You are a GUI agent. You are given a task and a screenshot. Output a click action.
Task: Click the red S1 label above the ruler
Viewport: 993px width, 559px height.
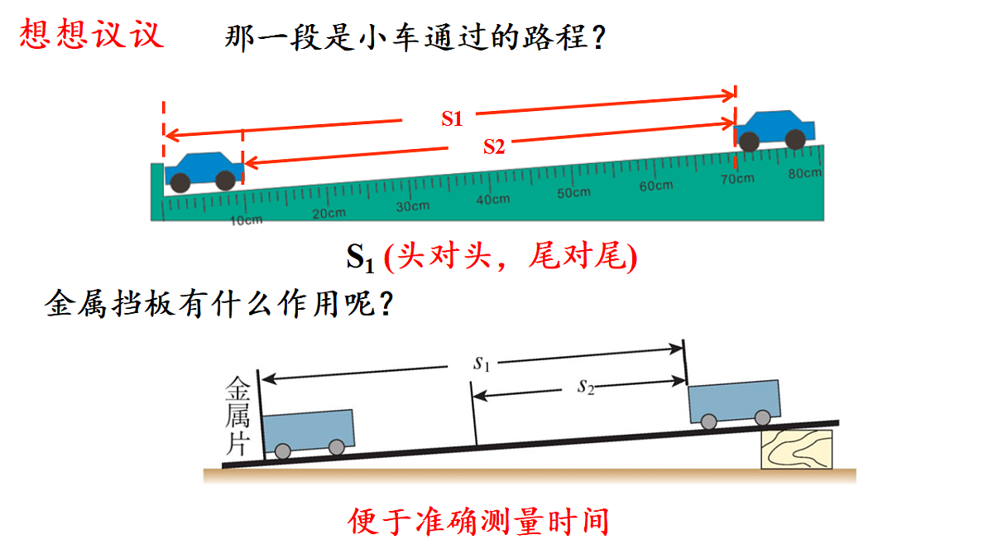452,119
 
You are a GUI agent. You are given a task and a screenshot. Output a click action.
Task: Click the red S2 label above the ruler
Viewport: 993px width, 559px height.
494,147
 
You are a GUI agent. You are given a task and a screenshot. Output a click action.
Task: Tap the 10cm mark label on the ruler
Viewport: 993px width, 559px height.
247,220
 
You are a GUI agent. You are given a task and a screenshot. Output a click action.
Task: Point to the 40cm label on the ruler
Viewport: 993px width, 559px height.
493,200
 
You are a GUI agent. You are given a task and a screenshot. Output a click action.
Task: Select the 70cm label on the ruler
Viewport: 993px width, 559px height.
737,179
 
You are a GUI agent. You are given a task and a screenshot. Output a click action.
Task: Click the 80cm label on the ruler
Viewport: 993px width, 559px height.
804,173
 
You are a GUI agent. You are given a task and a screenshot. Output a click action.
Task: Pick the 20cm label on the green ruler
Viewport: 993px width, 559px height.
329,214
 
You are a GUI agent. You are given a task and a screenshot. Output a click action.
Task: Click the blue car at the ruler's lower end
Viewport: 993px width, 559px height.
204,172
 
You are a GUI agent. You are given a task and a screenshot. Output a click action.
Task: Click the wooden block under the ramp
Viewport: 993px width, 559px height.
797,449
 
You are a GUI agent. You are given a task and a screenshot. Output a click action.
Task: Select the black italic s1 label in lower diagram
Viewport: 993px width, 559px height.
482,364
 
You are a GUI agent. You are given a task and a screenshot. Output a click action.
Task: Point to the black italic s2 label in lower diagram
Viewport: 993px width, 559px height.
586,387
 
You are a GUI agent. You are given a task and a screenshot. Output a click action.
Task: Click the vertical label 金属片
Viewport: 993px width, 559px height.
237,416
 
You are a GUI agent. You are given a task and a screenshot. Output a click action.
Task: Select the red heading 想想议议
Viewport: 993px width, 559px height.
91,33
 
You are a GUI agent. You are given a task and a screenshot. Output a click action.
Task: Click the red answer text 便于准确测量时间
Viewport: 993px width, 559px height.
478,521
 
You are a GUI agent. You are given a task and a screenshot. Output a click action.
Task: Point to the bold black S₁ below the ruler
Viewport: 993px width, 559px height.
361,258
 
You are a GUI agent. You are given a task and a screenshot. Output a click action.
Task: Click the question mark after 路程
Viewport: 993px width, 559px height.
598,37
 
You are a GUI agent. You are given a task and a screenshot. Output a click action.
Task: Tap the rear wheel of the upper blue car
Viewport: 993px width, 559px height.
749,142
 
